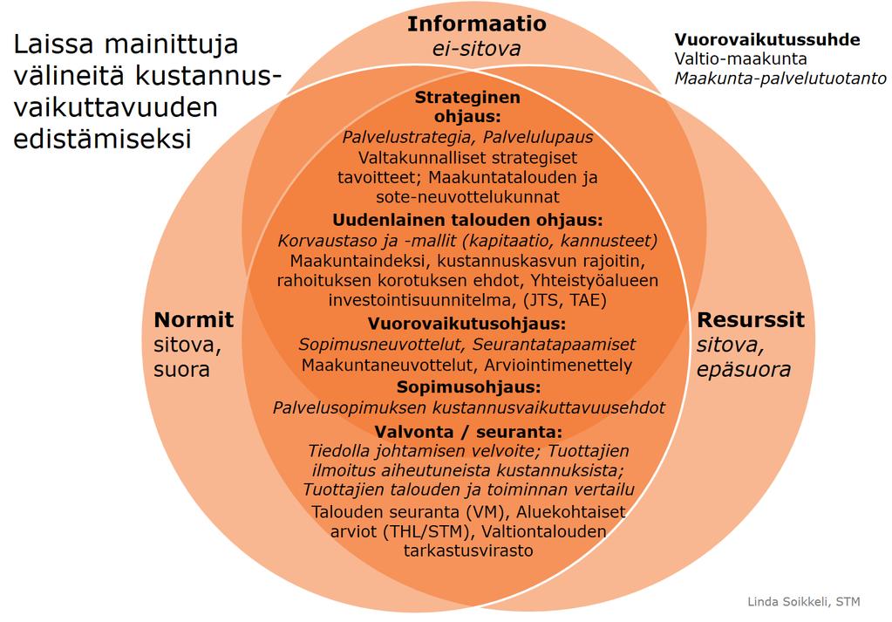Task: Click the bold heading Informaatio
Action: click(x=477, y=24)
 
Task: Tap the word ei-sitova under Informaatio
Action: click(x=476, y=48)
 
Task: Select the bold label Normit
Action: click(x=194, y=320)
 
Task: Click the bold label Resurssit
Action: click(x=751, y=320)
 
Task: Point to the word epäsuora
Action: click(x=744, y=370)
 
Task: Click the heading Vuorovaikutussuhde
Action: click(x=766, y=40)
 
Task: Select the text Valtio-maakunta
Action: click(x=740, y=58)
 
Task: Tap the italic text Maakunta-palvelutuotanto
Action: click(x=780, y=79)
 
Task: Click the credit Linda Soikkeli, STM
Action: click(x=804, y=602)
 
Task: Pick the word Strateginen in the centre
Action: click(x=467, y=98)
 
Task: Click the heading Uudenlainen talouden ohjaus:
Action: click(x=467, y=220)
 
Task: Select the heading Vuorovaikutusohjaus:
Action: click(x=467, y=324)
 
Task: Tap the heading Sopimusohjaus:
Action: click(x=468, y=387)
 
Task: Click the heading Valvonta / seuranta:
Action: click(x=468, y=431)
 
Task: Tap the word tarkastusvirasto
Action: click(x=468, y=550)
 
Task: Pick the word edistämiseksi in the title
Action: click(x=102, y=140)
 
